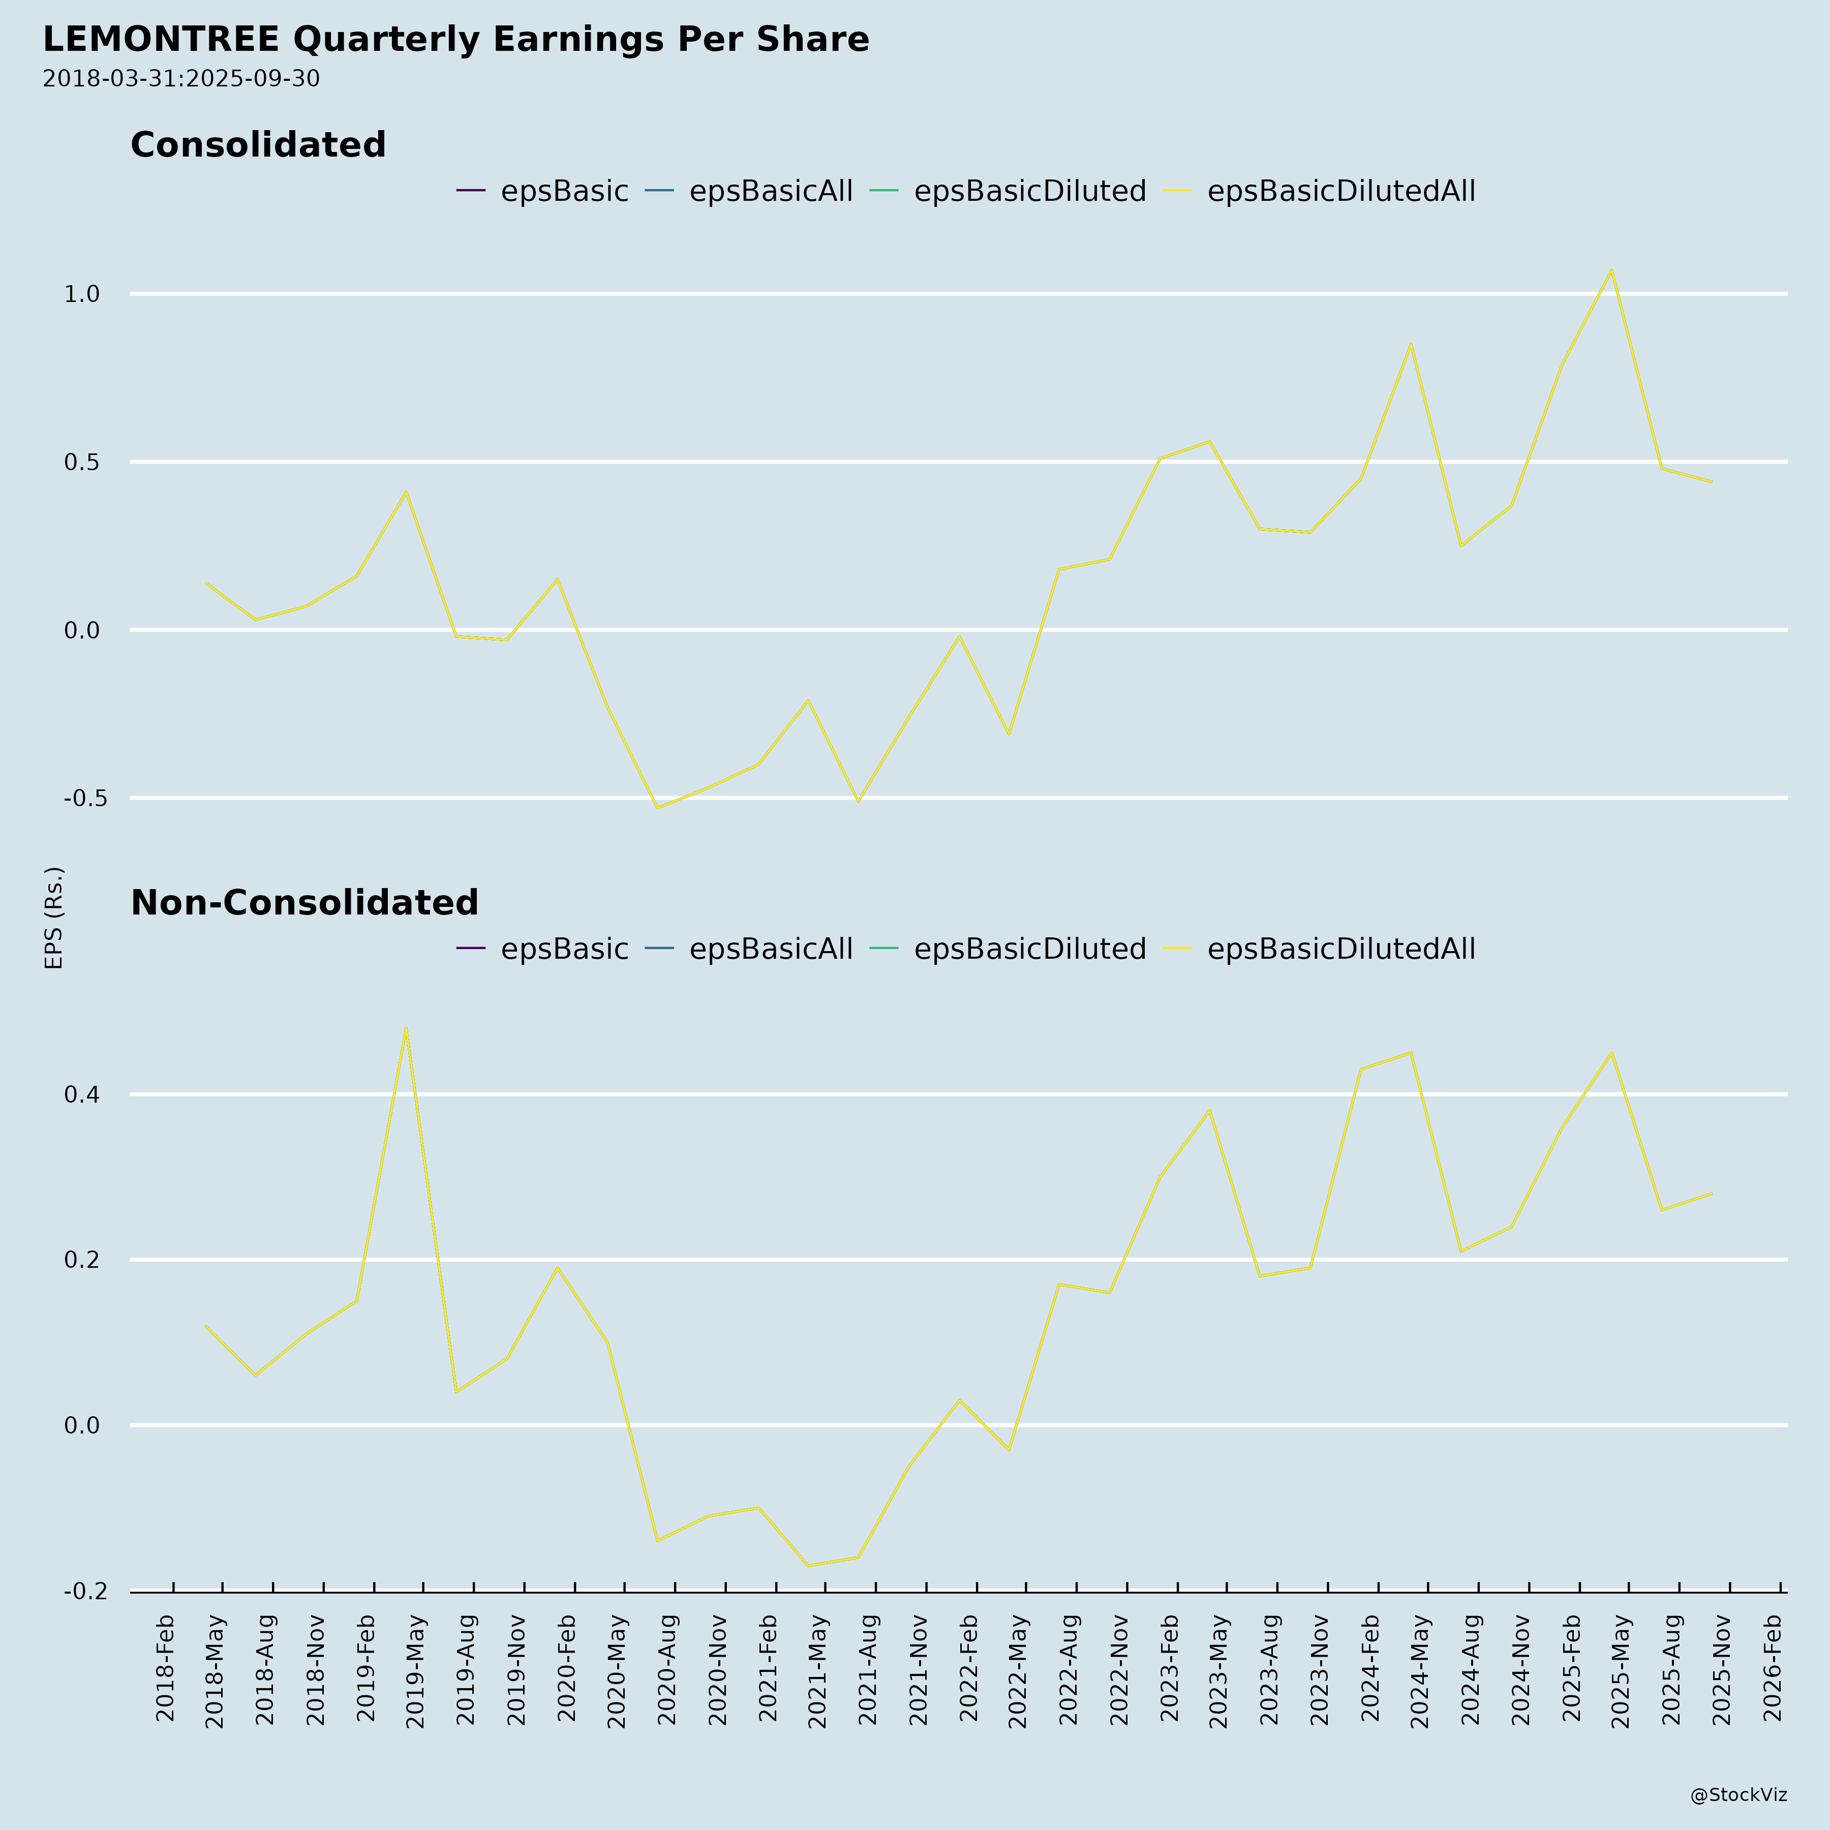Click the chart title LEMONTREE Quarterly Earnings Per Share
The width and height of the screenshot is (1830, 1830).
point(455,40)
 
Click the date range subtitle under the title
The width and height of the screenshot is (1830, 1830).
point(181,79)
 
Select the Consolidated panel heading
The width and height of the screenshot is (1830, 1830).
point(258,145)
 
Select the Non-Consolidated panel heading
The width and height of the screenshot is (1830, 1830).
point(304,903)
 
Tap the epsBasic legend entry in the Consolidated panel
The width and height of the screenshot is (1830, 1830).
point(564,191)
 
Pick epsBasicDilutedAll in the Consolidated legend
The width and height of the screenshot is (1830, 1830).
point(1340,191)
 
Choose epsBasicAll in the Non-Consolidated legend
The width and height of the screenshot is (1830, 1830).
point(770,949)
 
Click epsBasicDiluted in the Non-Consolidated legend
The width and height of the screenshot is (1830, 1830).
point(1029,949)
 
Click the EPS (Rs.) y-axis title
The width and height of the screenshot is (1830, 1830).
point(54,917)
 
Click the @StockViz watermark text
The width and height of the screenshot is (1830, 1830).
point(1738,1795)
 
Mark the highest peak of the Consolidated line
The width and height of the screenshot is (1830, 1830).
point(1611,270)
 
